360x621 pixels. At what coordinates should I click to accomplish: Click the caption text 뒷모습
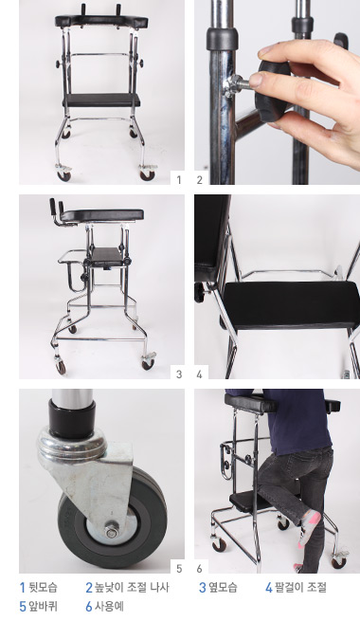[x=44, y=587]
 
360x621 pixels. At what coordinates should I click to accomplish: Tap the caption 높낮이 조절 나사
[x=132, y=587]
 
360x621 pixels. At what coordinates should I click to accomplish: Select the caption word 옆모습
[x=224, y=587]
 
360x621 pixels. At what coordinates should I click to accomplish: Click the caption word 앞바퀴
[x=44, y=607]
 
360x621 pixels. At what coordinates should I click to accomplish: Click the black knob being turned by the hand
[x=273, y=91]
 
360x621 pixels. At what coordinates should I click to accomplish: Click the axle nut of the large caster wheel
[x=112, y=532]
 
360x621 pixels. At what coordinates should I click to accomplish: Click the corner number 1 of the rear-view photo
[x=179, y=179]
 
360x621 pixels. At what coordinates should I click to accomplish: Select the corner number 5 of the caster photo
[x=179, y=569]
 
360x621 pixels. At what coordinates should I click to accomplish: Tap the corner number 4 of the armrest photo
[x=199, y=374]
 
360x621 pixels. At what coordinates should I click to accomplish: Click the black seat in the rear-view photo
[x=102, y=100]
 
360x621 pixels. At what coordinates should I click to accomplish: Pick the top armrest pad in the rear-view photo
[x=101, y=21]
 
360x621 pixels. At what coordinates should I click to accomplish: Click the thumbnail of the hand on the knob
[x=277, y=92]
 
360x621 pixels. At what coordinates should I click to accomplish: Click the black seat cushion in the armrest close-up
[x=291, y=305]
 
